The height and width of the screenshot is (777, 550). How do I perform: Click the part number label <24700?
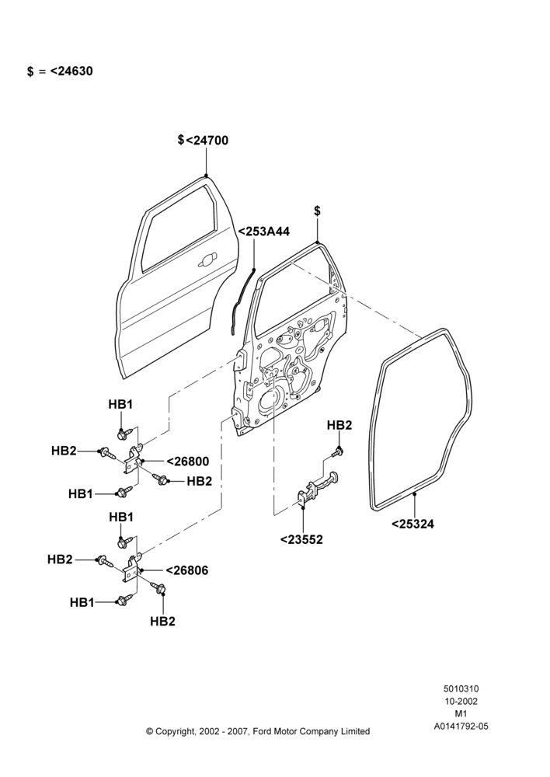[x=207, y=141]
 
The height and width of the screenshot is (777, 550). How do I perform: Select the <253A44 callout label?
[x=264, y=232]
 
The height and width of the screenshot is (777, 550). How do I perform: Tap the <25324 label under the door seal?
[x=412, y=524]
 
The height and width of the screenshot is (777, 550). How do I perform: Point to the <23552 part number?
[x=301, y=540]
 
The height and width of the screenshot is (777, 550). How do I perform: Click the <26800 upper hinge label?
[x=188, y=462]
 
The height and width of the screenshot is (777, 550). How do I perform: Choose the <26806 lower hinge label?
[x=186, y=571]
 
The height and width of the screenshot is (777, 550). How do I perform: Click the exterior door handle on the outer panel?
[x=207, y=260]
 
